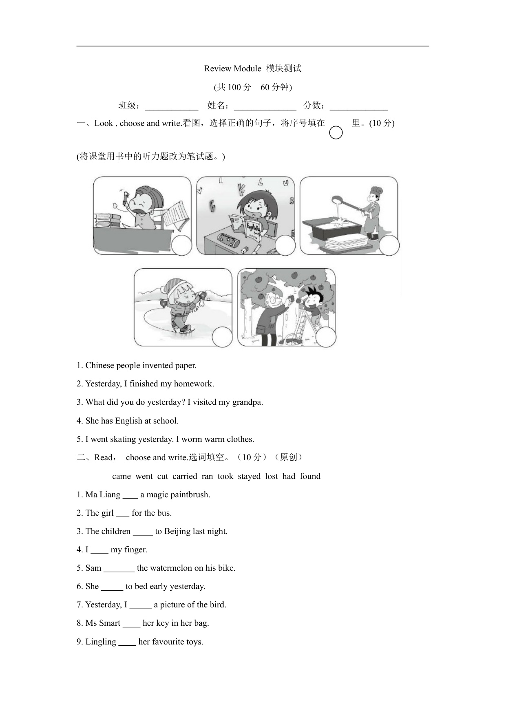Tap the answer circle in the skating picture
pos(222,337)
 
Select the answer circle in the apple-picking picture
pos(326,337)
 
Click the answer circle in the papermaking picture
pos(389,245)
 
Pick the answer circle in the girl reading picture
pos(285,245)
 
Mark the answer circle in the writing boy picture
pos(181,245)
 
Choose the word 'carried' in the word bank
pos(185,476)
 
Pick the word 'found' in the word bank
pos(310,476)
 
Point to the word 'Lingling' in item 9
pos(101,642)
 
